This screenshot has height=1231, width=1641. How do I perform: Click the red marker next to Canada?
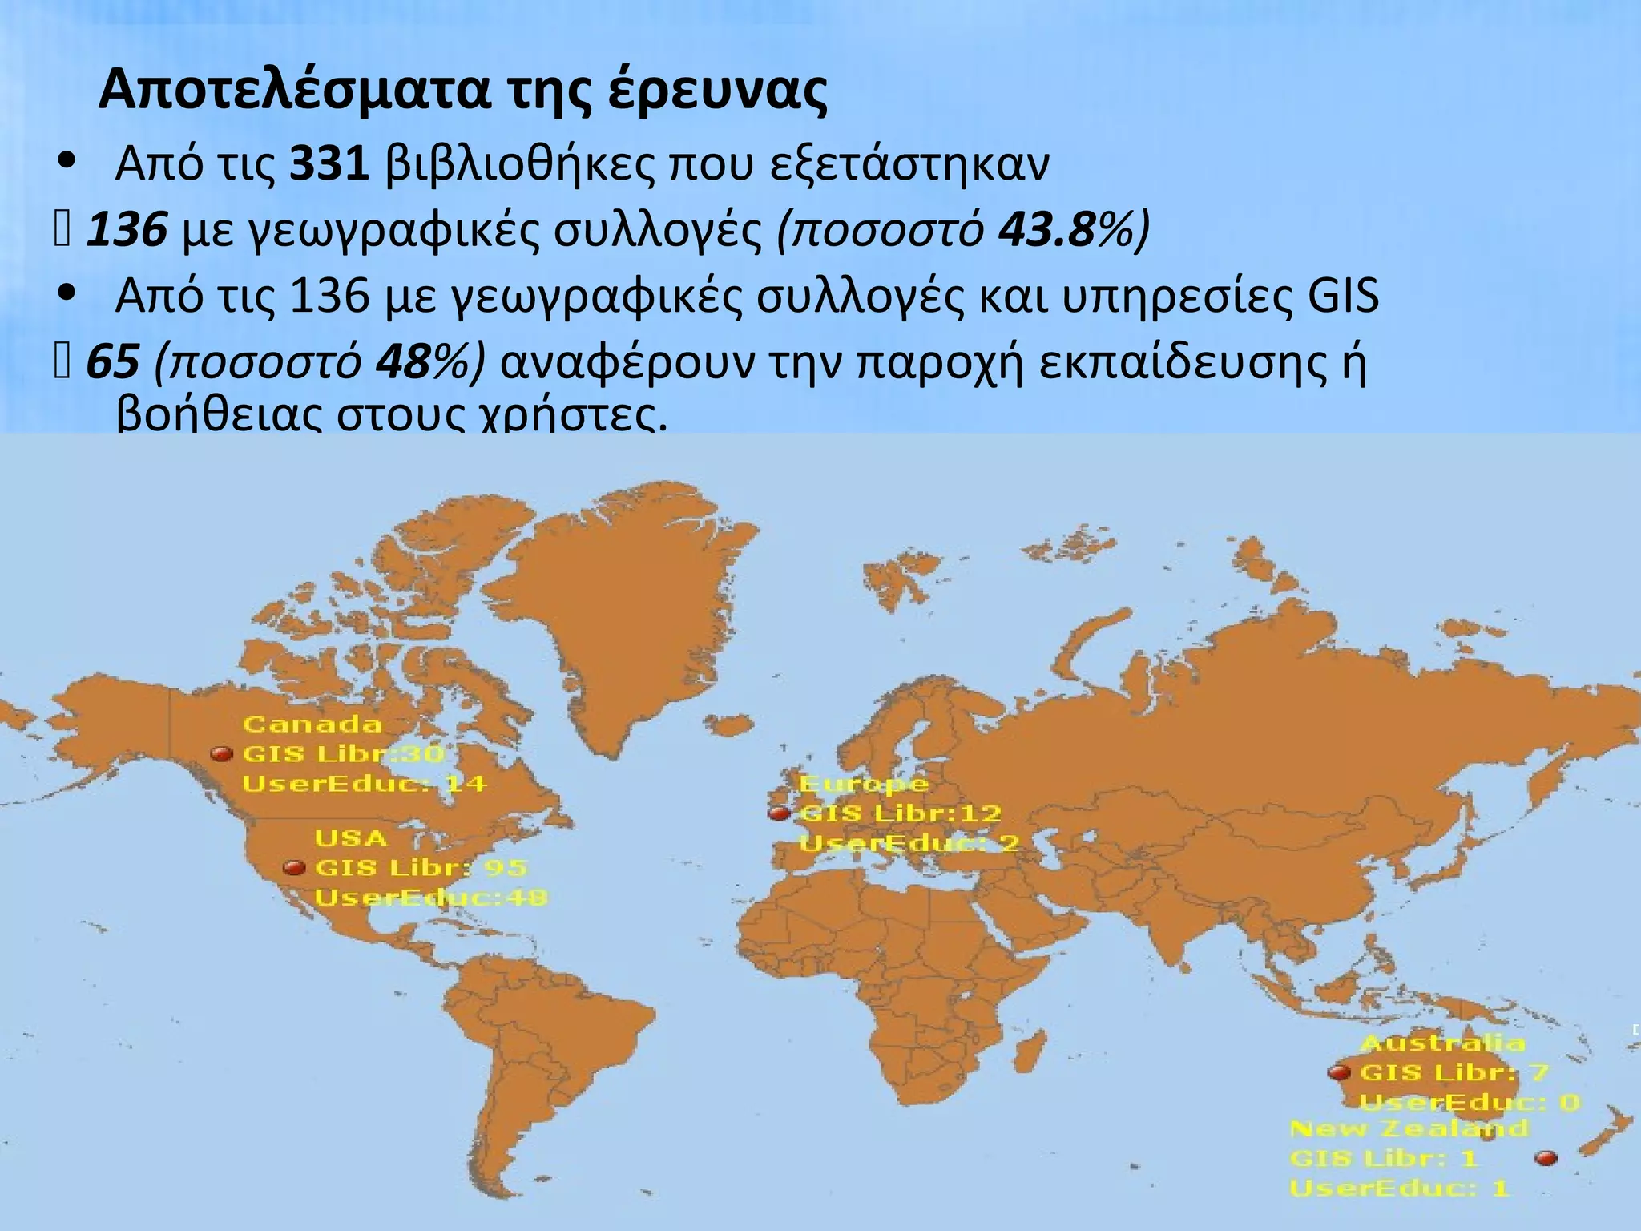[x=221, y=754]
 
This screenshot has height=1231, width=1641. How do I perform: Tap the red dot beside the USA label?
[x=295, y=868]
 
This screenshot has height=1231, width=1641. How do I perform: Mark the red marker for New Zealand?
[x=1546, y=1158]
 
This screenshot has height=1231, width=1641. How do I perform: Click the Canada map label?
[x=312, y=724]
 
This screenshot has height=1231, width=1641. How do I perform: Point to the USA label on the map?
[x=351, y=839]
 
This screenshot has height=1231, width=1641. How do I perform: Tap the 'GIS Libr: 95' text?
[x=421, y=868]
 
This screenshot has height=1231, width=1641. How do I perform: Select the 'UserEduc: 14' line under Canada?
[x=365, y=783]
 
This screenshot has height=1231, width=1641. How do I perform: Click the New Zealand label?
[x=1409, y=1128]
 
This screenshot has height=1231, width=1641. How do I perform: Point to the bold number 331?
[x=329, y=164]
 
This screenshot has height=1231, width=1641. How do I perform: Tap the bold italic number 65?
[x=112, y=362]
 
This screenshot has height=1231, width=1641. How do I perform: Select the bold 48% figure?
[x=423, y=362]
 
